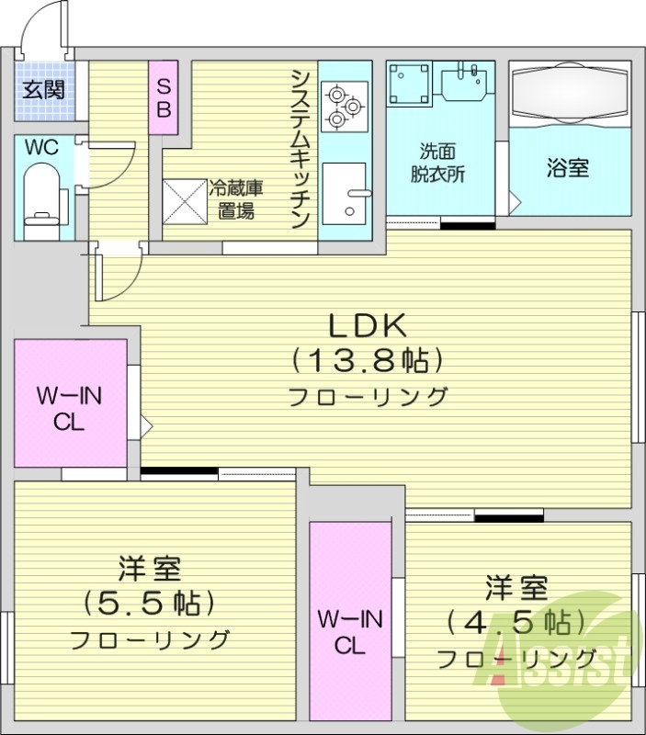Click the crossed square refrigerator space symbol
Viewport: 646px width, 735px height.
click(184, 200)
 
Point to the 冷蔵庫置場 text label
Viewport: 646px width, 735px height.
click(236, 199)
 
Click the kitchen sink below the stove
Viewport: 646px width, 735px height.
click(345, 193)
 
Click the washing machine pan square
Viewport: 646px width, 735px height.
click(408, 85)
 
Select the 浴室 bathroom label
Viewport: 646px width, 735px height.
click(567, 168)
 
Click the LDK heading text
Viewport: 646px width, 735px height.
click(368, 325)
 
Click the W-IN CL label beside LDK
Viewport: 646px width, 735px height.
click(70, 408)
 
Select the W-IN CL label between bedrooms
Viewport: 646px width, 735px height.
click(351, 631)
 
